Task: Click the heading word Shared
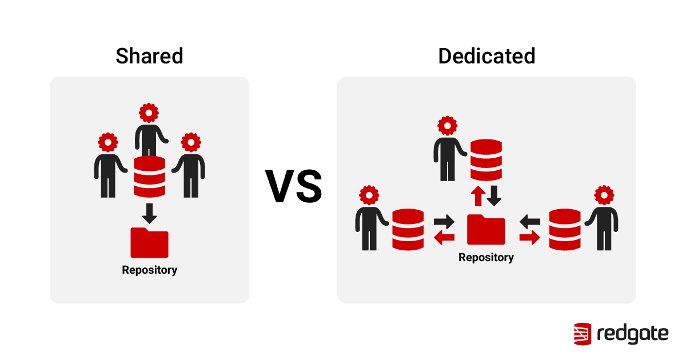coord(149,56)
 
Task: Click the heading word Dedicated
coord(486,56)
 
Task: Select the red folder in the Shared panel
coord(149,243)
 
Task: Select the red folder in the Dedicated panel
coord(486,230)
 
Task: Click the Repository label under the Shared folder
coord(149,270)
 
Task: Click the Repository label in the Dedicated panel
coord(486,258)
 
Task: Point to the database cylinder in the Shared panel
coord(149,177)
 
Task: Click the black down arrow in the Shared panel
coord(149,213)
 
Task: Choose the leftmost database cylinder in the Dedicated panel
coord(408,229)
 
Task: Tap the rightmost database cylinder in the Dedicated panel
coord(565,229)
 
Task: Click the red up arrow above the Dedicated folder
coord(477,196)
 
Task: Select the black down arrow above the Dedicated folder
coord(494,196)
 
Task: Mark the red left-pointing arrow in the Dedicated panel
coord(444,237)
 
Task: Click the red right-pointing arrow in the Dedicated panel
coord(529,237)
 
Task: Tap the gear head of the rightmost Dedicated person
coord(604,195)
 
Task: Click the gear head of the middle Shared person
coord(149,113)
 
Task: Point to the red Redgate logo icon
coord(583,334)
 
